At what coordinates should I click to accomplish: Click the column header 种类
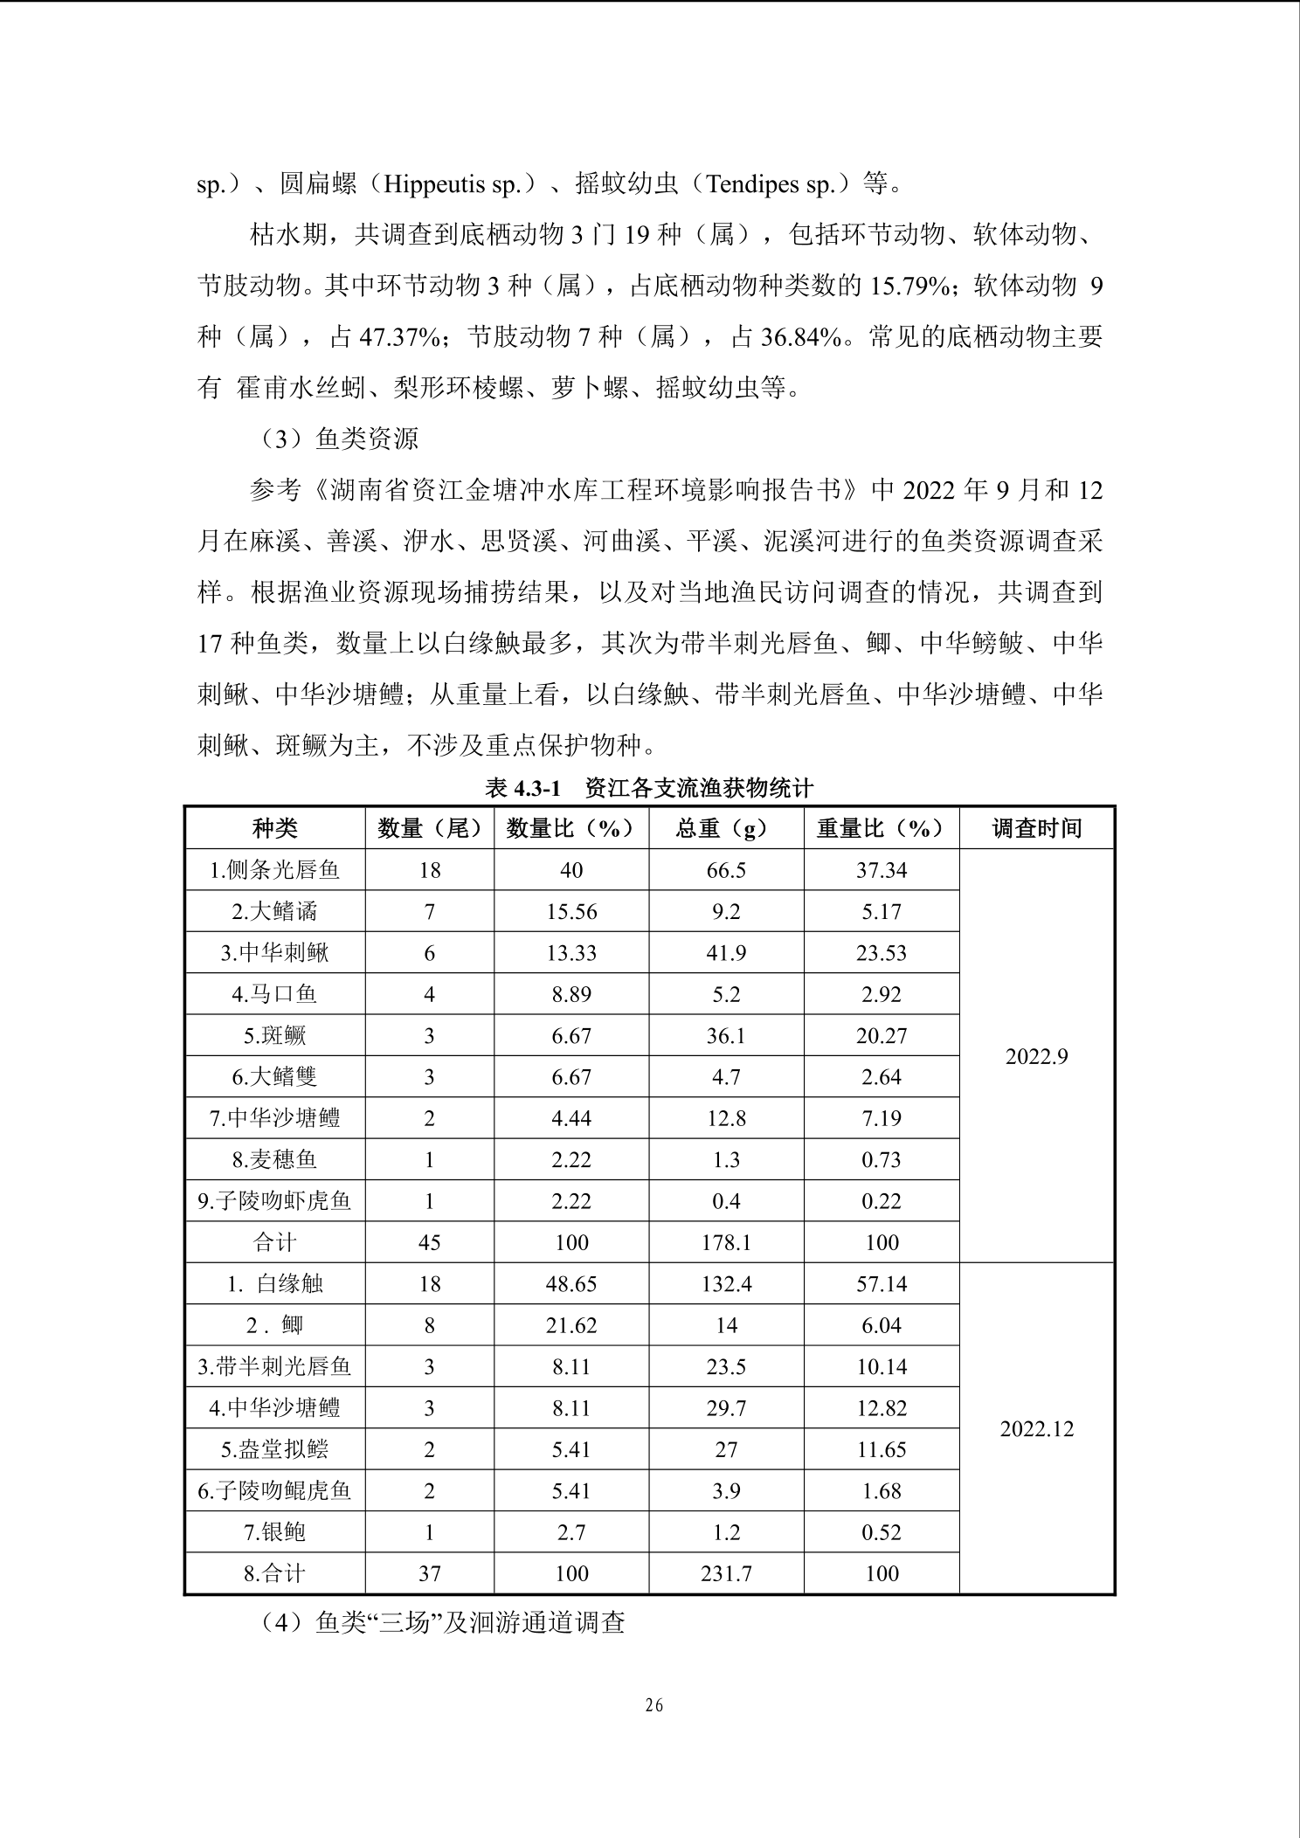coord(274,828)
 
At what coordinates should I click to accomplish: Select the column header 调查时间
coord(1036,828)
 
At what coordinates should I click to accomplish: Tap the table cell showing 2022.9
coord(1036,1056)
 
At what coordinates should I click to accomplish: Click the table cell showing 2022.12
coord(1036,1429)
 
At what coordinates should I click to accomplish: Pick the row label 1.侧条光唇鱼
coord(274,870)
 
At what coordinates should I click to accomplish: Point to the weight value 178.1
coord(726,1242)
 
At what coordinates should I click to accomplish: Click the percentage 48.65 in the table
coord(571,1284)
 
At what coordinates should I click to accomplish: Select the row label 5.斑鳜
coord(274,1036)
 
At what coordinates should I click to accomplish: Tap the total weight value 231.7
coord(726,1573)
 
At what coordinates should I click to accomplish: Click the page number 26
coord(653,1705)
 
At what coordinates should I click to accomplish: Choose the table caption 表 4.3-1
coord(522,789)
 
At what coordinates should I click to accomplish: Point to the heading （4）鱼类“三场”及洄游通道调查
coord(442,1623)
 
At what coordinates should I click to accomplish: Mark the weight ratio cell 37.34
coord(881,870)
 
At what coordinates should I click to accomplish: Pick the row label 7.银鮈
coord(274,1532)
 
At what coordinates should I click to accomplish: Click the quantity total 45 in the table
coord(429,1242)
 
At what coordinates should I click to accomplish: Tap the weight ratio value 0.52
coord(881,1532)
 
